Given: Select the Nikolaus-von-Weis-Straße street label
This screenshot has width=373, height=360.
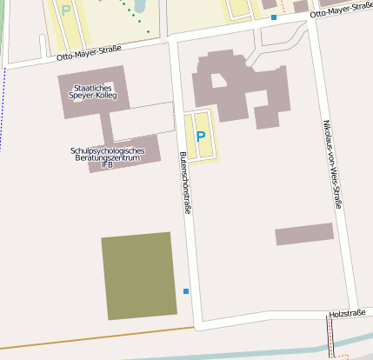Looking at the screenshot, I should [333, 163].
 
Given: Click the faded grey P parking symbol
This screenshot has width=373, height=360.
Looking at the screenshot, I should [67, 10].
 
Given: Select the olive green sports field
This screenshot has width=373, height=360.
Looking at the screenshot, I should [139, 276].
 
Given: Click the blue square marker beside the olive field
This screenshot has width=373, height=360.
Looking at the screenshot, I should [186, 290].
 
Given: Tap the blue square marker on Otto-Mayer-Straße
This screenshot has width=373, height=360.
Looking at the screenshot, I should [274, 17].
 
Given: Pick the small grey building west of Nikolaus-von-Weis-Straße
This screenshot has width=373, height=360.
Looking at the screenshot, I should [304, 234].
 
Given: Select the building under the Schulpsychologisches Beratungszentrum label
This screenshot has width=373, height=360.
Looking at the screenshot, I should [130, 161].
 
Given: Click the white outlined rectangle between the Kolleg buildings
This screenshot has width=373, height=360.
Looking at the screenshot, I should [143, 122].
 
